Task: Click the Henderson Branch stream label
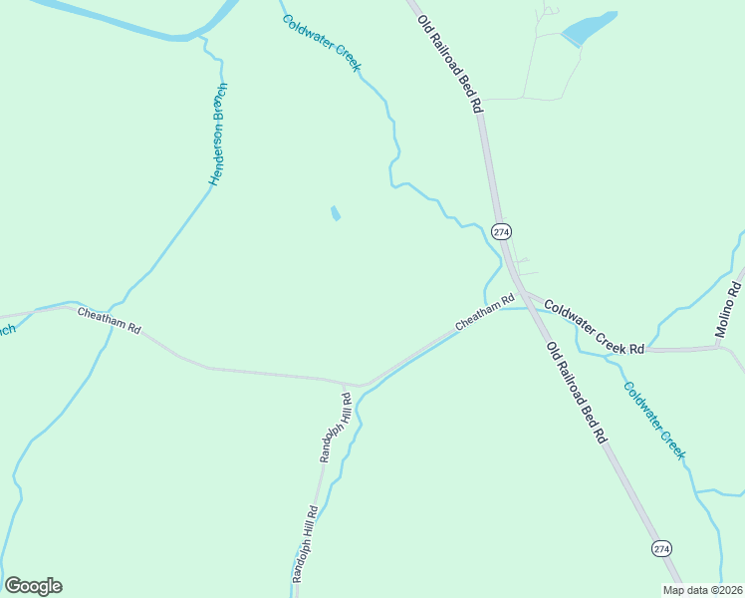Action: click(x=218, y=135)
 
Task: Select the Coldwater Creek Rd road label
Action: click(x=595, y=322)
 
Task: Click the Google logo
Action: click(x=33, y=586)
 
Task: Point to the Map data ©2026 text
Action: click(x=702, y=590)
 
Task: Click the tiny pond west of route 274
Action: click(x=336, y=213)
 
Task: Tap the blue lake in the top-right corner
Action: click(x=588, y=28)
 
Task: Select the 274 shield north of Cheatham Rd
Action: click(x=501, y=231)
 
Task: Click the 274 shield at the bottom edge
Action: click(x=661, y=549)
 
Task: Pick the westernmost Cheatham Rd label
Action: click(x=110, y=320)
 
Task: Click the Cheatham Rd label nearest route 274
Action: click(x=485, y=312)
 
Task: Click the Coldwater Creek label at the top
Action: click(x=321, y=43)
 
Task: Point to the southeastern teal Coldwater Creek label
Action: click(x=654, y=419)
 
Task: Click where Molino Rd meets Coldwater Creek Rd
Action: click(x=720, y=347)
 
